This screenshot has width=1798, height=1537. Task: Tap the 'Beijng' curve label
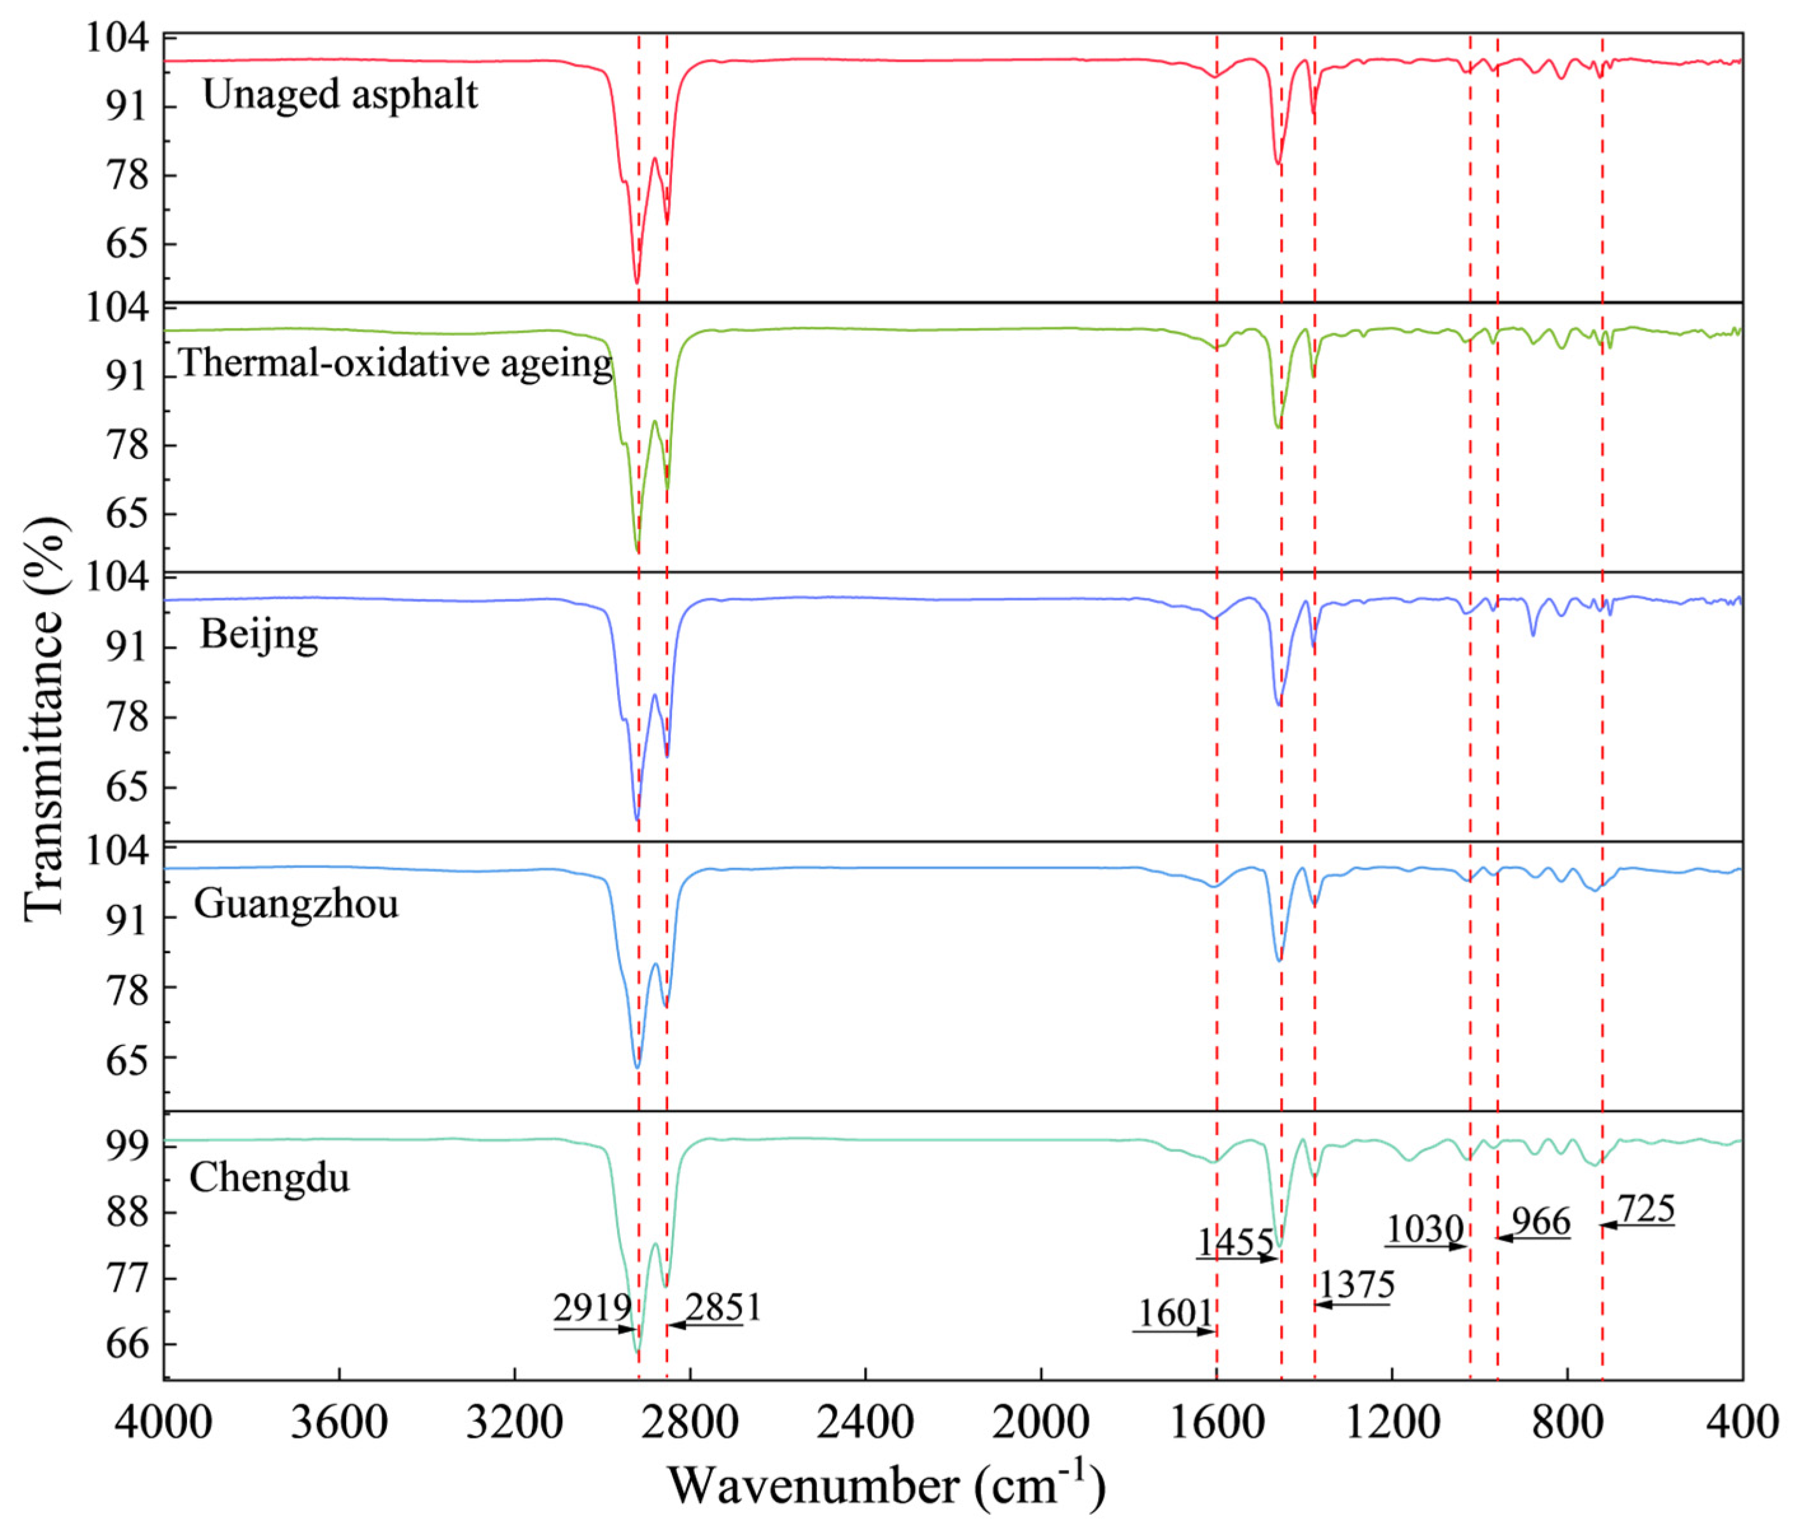[x=258, y=634]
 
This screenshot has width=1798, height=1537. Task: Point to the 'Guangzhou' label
[x=296, y=904]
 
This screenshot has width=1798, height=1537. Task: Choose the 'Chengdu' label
[x=269, y=1178]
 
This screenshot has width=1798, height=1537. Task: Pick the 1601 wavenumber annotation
[x=1175, y=1314]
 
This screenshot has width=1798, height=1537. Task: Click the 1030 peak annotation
[x=1425, y=1229]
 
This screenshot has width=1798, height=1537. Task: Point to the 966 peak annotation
[x=1540, y=1222]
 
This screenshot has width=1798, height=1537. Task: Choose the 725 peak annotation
[x=1645, y=1208]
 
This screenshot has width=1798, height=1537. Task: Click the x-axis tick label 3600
[x=338, y=1423]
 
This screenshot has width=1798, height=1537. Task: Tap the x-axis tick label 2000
[x=1040, y=1423]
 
